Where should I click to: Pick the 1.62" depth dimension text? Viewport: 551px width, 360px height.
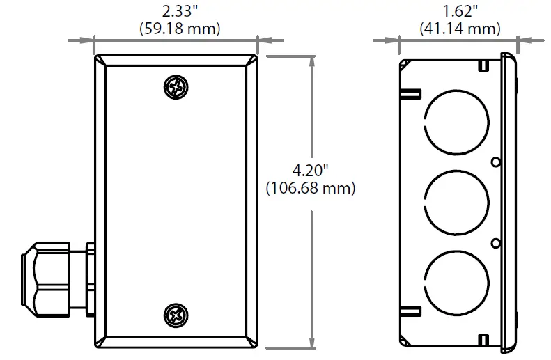(460, 11)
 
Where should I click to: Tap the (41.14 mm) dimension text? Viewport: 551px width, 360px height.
(460, 29)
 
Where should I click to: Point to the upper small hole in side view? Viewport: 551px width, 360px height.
(495, 162)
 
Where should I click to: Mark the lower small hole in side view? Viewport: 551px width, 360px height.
(495, 242)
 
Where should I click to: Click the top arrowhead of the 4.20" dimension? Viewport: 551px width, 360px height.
(311, 61)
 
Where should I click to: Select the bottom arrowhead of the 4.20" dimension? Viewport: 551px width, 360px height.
(311, 343)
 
